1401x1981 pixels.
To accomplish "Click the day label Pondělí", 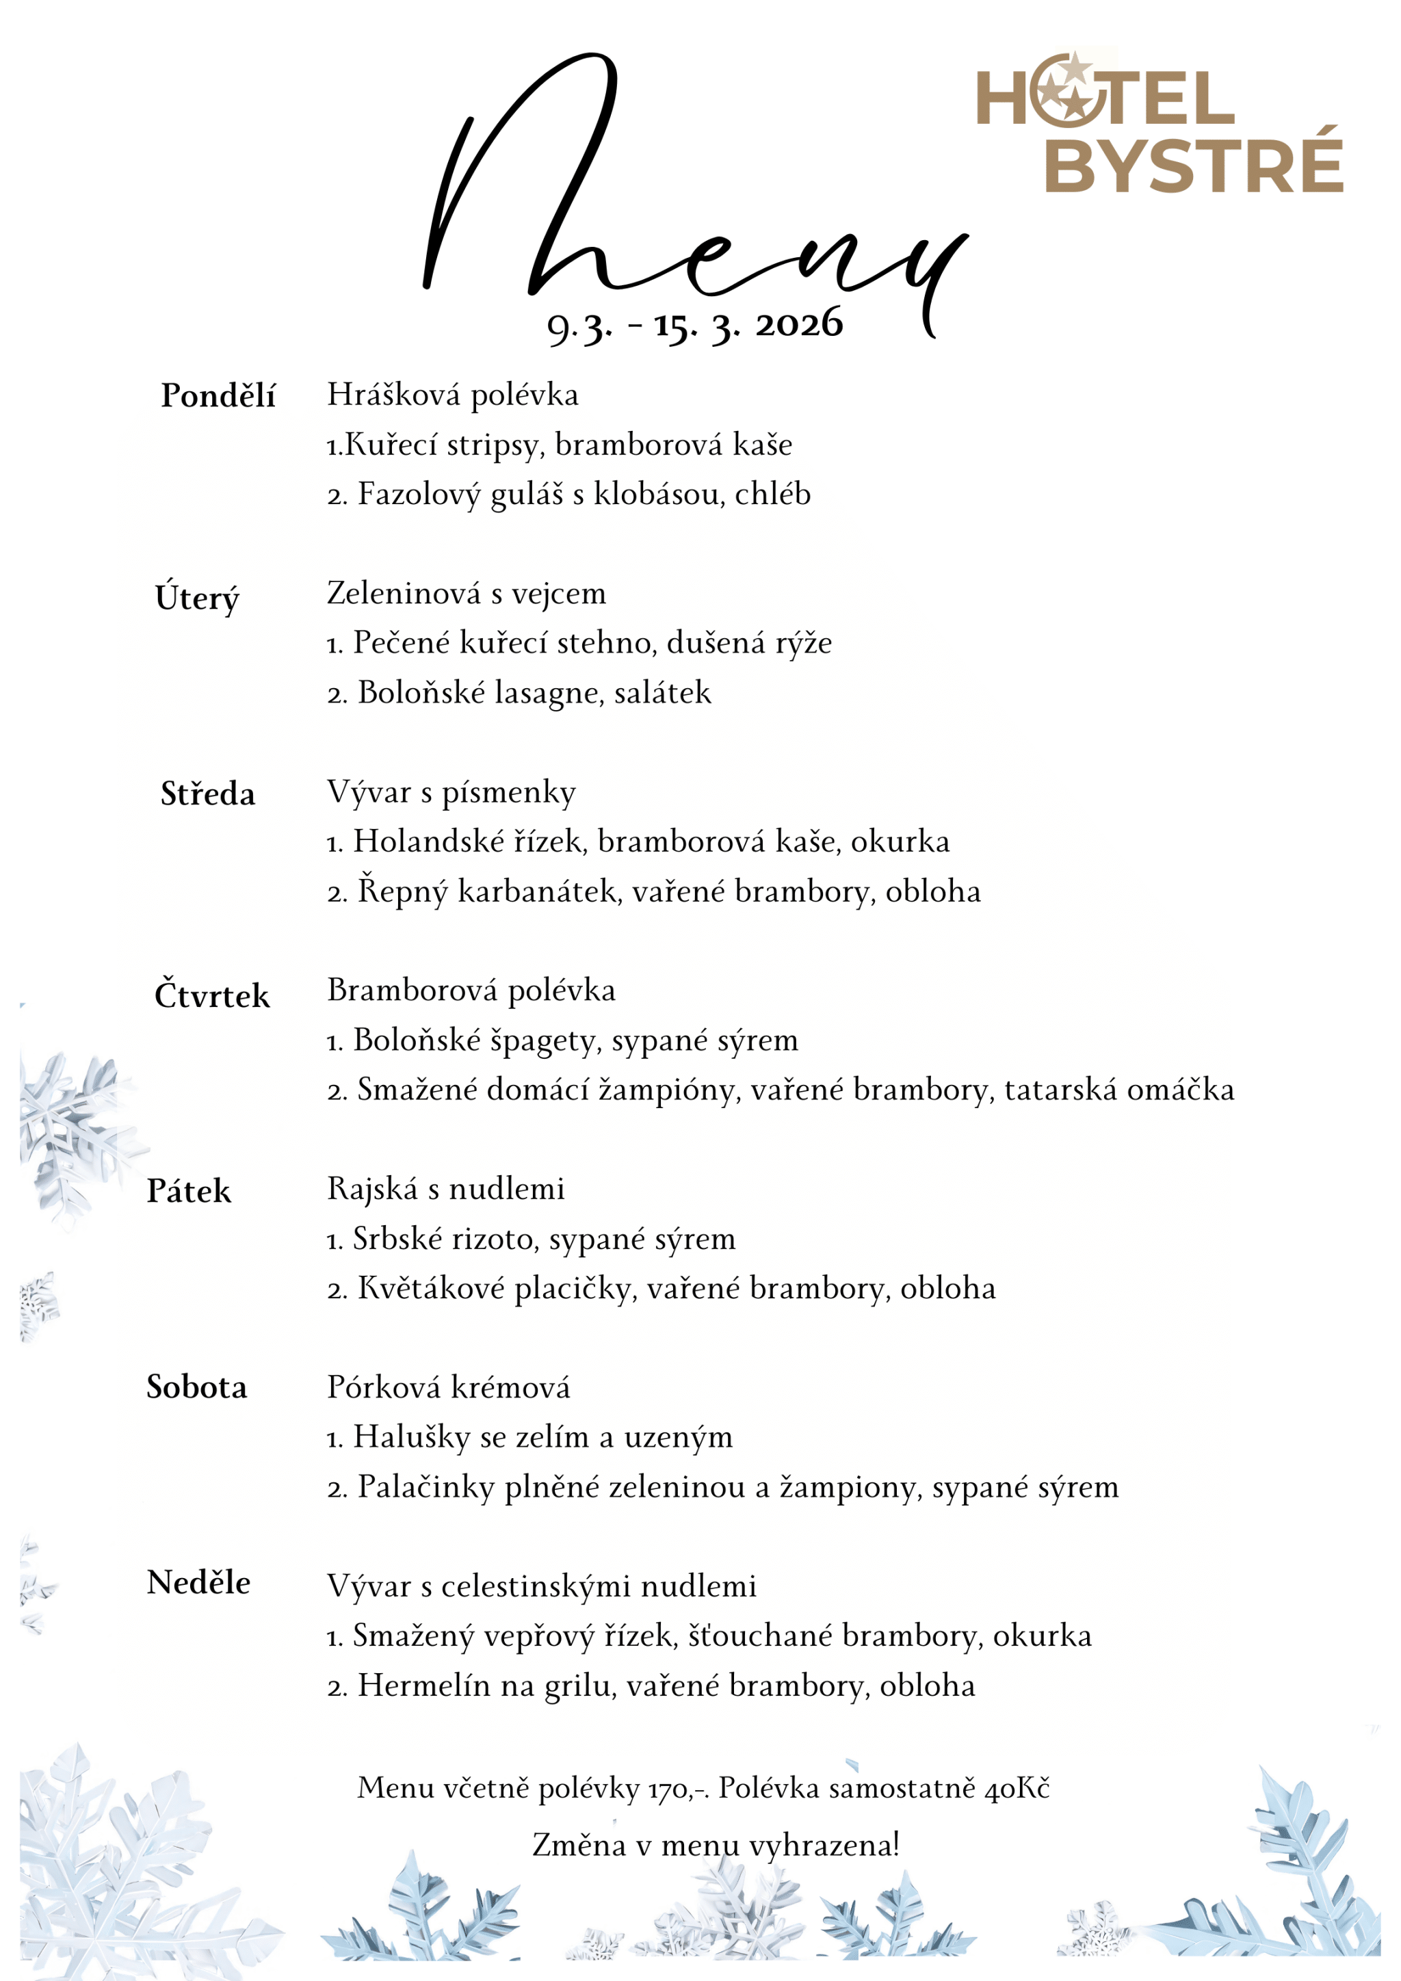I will pos(218,396).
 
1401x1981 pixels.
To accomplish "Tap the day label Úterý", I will pos(197,597).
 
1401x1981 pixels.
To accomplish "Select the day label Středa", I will pos(208,793).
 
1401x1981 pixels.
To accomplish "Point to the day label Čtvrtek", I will pos(211,996).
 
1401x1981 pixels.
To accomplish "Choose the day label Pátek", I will pos(189,1192).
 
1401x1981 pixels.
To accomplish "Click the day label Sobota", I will pos(197,1387).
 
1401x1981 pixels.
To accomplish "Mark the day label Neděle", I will pos(198,1584).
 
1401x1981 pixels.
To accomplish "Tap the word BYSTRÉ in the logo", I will pos(1194,161).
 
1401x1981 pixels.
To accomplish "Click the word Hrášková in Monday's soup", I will pos(393,395).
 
